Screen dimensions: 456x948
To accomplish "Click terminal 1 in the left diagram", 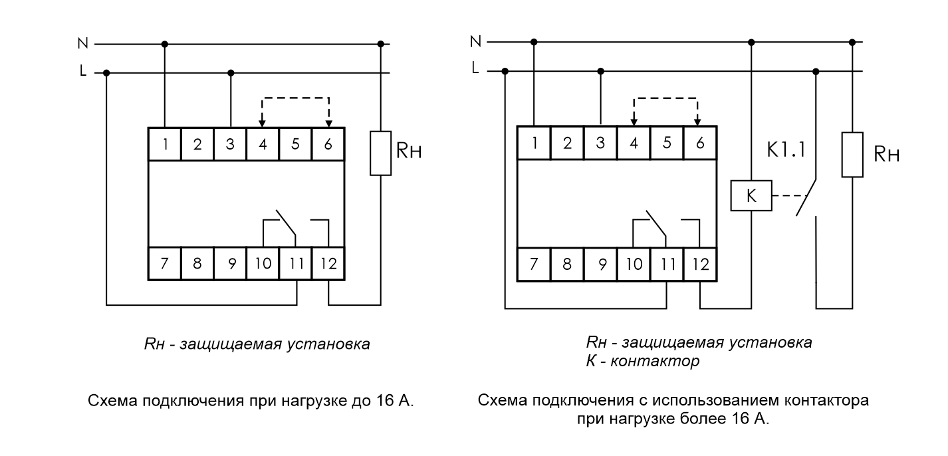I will tap(164, 144).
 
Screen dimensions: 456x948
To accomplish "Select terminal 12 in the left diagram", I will tap(328, 263).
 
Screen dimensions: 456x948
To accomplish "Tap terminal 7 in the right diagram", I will tap(534, 263).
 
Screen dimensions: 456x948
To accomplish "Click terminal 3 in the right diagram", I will tap(600, 144).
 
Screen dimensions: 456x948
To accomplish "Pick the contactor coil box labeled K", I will tap(751, 197).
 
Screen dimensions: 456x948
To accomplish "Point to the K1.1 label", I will tap(786, 150).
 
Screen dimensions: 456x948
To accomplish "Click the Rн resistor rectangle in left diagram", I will tap(380, 153).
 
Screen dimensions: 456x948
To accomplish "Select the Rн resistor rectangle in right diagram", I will tap(852, 155).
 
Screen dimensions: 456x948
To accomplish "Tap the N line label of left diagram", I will tap(82, 44).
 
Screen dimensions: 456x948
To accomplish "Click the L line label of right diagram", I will tap(474, 68).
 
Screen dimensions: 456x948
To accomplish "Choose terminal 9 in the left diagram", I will tap(230, 263).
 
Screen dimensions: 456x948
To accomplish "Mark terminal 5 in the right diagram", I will tap(665, 144).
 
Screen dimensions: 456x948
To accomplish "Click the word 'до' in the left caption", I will tap(354, 401).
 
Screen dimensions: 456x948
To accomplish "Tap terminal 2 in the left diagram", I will tap(197, 144).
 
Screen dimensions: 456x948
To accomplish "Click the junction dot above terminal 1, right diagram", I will tap(534, 42).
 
